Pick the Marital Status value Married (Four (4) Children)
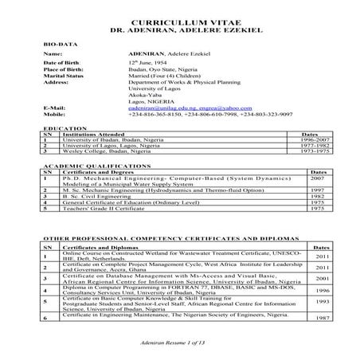(165, 75)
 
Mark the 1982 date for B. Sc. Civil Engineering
(316, 196)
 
